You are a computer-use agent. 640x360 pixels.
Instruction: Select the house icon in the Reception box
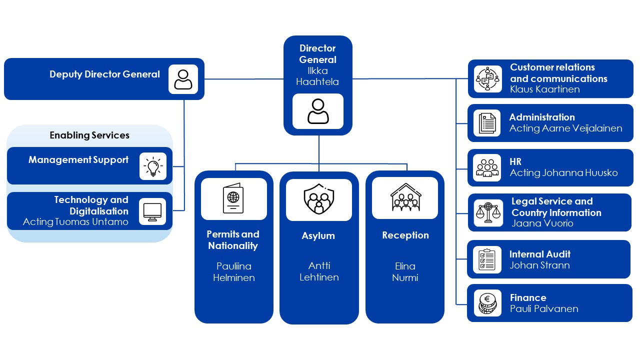[405, 198]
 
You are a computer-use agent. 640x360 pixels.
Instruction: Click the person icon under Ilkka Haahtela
[318, 111]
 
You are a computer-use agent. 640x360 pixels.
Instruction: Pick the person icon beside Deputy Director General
[183, 79]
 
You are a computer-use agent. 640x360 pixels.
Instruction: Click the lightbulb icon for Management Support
[152, 165]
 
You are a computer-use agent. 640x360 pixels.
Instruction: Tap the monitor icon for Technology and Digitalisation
[152, 211]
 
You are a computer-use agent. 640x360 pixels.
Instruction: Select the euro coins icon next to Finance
[487, 303]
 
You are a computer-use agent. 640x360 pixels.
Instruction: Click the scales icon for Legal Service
[488, 212]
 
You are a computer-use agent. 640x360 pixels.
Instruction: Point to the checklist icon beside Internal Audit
[487, 259]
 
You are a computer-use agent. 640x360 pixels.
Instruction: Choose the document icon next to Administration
[487, 123]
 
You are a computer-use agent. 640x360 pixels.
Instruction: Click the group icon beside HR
[487, 167]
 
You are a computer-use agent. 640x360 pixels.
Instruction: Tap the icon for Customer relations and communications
[488, 79]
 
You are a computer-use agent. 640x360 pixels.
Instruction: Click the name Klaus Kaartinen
[545, 89]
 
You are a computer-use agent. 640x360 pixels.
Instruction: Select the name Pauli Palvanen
[544, 308]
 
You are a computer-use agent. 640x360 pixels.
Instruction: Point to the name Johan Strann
[539, 265]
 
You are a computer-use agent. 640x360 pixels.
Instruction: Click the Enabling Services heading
[89, 135]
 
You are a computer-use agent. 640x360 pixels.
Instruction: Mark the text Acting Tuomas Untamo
[75, 222]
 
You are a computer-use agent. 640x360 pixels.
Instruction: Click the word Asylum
[318, 235]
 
